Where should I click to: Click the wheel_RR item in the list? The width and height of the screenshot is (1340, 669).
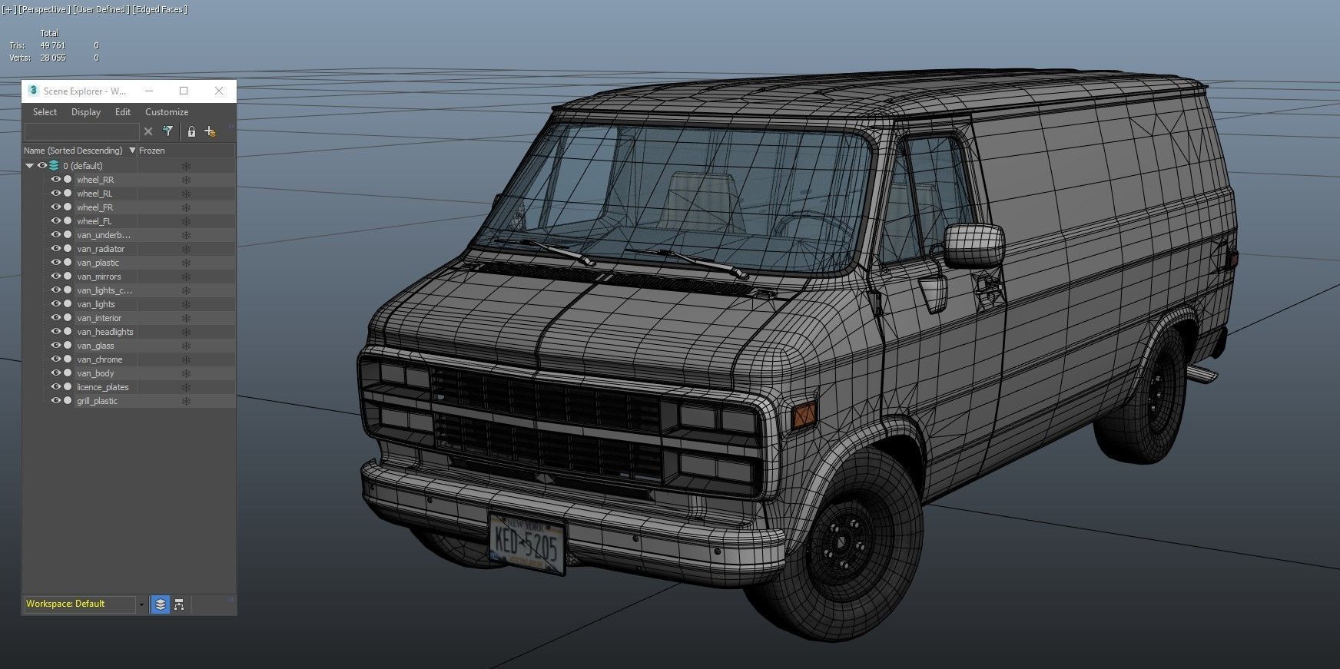(x=95, y=180)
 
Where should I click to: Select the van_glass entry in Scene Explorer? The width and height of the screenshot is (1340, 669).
(x=95, y=346)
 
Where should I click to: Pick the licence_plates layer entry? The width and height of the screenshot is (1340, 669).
(x=102, y=387)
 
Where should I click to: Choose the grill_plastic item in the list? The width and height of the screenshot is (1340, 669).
(x=97, y=401)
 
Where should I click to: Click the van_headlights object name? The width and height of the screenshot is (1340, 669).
(x=104, y=332)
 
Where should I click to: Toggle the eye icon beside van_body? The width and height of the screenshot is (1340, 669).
(x=55, y=373)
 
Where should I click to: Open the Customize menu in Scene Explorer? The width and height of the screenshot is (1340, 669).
(x=166, y=112)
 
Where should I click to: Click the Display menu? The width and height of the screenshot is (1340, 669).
(x=85, y=112)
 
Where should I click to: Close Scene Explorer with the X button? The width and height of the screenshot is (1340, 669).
(x=219, y=91)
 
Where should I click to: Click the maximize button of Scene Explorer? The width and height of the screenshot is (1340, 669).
(x=184, y=91)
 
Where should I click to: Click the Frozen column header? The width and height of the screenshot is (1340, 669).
(x=151, y=151)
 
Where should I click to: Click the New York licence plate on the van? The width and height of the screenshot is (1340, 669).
(x=526, y=544)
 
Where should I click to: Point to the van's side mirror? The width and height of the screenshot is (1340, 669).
(x=973, y=246)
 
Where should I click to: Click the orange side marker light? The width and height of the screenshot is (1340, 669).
(x=803, y=416)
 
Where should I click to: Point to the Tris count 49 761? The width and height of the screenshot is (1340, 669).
(x=52, y=45)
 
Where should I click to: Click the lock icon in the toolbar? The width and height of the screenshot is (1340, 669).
(x=191, y=131)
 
